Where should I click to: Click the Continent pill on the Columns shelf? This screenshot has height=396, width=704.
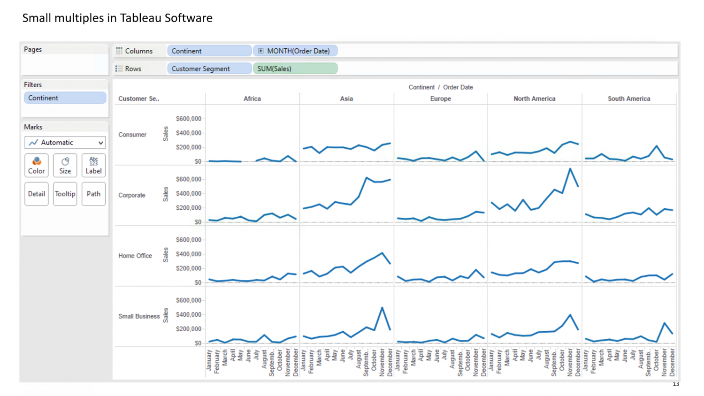[x=209, y=51]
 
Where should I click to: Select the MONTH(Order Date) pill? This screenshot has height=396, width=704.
[x=295, y=51]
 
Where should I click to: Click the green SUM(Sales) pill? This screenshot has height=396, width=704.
[x=295, y=69]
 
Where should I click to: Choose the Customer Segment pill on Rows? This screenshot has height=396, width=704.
[x=209, y=69]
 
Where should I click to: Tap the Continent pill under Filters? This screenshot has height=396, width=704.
[x=65, y=98]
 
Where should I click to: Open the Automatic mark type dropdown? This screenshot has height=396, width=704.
[x=65, y=142]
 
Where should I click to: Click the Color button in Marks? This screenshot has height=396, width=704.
[x=37, y=165]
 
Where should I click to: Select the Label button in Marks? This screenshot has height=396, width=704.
[x=93, y=165]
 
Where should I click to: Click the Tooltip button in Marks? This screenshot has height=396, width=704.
[x=65, y=194]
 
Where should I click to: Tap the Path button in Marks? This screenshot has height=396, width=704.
[x=93, y=194]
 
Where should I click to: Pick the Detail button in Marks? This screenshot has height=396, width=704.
[x=37, y=194]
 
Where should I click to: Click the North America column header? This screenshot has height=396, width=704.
[x=534, y=99]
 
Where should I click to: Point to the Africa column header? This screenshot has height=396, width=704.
[x=252, y=99]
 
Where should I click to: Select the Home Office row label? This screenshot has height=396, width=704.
[x=135, y=256]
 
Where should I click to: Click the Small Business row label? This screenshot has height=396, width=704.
[x=139, y=316]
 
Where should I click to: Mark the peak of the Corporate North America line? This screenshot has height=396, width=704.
[x=570, y=169]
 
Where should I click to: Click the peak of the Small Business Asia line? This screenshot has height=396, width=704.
[x=382, y=308]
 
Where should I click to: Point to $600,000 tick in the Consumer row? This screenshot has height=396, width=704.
[x=188, y=119]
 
